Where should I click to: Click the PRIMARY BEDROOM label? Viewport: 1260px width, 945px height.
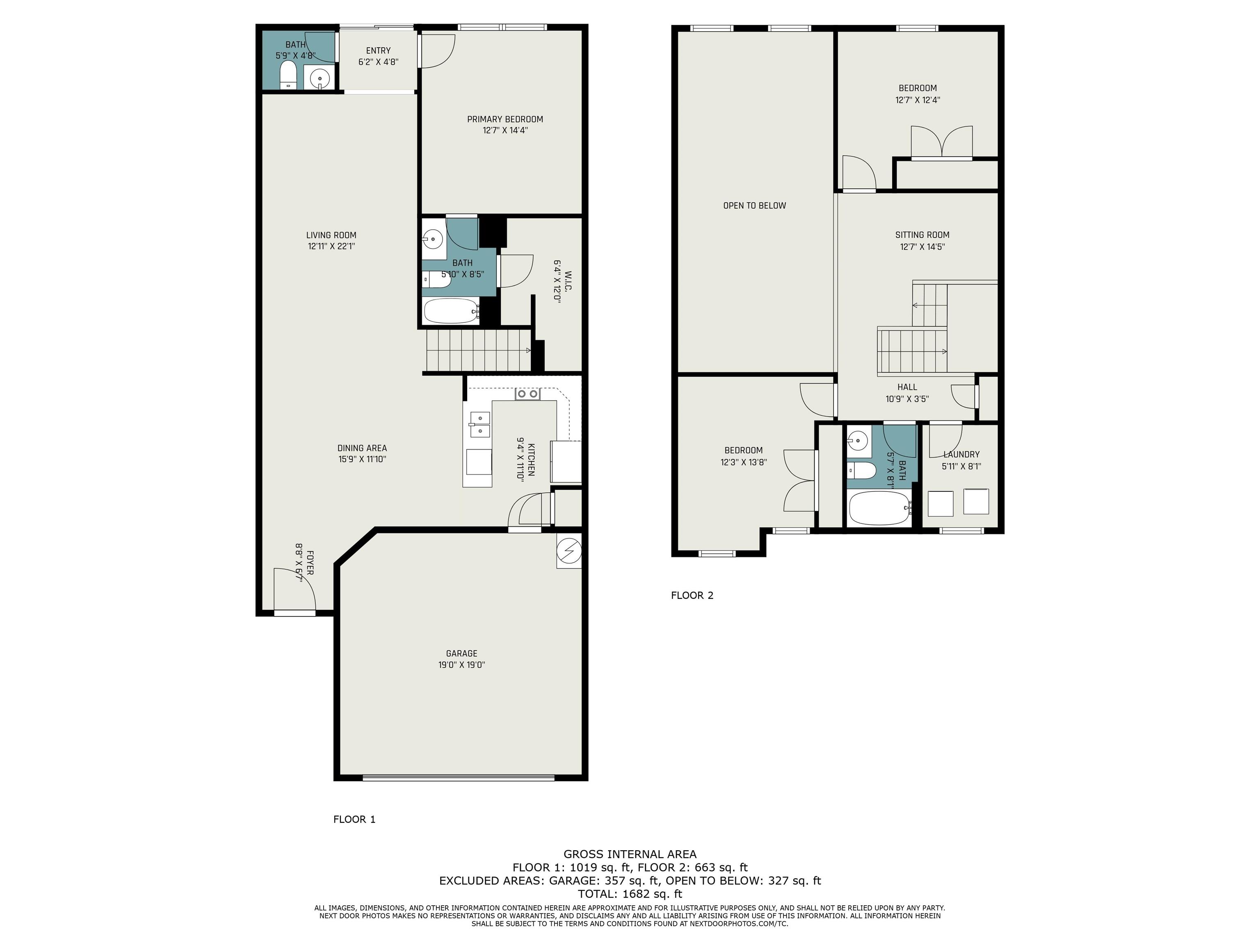pyautogui.click(x=504, y=119)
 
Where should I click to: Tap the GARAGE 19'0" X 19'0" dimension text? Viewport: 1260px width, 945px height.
pyautogui.click(x=461, y=665)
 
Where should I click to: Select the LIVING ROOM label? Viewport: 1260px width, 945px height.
pyautogui.click(x=331, y=235)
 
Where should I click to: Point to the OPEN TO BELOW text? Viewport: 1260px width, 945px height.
pyautogui.click(x=754, y=205)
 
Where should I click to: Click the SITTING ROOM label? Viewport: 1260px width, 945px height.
pyautogui.click(x=922, y=235)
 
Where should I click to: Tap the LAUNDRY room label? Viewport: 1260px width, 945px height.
pyautogui.click(x=961, y=454)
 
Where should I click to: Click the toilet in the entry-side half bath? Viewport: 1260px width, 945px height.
pyautogui.click(x=288, y=75)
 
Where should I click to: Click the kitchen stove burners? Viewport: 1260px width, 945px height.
pyautogui.click(x=527, y=394)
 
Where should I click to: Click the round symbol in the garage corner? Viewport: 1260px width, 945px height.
pyautogui.click(x=569, y=551)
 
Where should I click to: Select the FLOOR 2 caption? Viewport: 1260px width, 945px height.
pyautogui.click(x=692, y=595)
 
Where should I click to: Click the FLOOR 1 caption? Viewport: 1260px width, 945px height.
pyautogui.click(x=354, y=819)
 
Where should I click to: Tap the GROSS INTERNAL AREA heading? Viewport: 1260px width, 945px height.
pyautogui.click(x=630, y=854)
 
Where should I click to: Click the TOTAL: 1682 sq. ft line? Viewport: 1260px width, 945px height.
pyautogui.click(x=630, y=894)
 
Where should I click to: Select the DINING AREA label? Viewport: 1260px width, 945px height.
pyautogui.click(x=362, y=448)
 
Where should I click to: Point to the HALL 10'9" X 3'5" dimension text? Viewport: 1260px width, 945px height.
pyautogui.click(x=907, y=399)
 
